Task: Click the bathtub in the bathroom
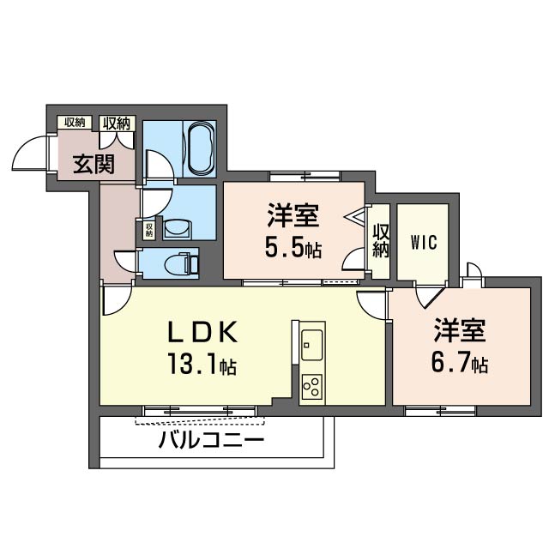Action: pyautogui.click(x=201, y=148)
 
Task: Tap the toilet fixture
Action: pyautogui.click(x=183, y=262)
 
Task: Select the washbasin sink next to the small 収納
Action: pyautogui.click(x=178, y=229)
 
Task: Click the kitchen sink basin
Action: pyautogui.click(x=311, y=345)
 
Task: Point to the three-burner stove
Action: pyautogui.click(x=311, y=386)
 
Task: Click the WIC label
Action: pyautogui.click(x=424, y=242)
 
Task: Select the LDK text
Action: pyautogui.click(x=203, y=332)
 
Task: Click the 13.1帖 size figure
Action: pyautogui.click(x=202, y=364)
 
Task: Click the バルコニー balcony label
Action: pyautogui.click(x=211, y=440)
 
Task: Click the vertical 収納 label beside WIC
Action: pyautogui.click(x=381, y=241)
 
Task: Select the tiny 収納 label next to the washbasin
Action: pyautogui.click(x=149, y=229)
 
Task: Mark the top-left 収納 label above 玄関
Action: pyautogui.click(x=75, y=122)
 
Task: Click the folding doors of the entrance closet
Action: pyautogui.click(x=117, y=140)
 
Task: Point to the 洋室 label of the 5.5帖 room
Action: pyautogui.click(x=293, y=215)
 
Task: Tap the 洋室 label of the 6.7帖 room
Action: pyautogui.click(x=460, y=330)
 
